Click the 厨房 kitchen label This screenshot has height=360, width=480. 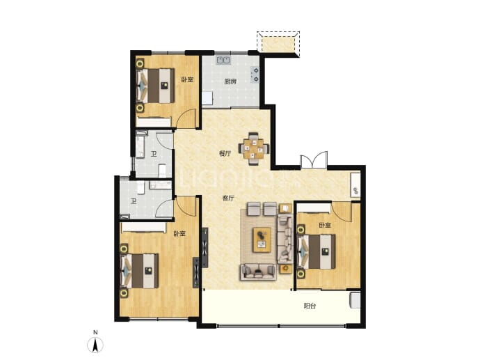click(x=230, y=81)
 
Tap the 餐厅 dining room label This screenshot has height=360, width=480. click(x=225, y=153)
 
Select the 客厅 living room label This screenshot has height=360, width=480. click(x=228, y=198)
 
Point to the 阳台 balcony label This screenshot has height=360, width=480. click(x=310, y=306)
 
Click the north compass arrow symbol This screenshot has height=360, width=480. click(x=95, y=345)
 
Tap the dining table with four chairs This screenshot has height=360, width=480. click(x=254, y=148)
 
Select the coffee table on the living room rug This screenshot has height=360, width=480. click(x=262, y=240)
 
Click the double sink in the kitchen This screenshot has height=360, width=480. click(x=224, y=60)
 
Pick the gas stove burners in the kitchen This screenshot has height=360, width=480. click(x=255, y=75)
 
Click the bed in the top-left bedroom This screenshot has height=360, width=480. click(x=156, y=86)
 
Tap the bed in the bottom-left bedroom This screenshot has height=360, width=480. click(x=141, y=271)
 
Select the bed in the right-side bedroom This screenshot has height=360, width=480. click(x=317, y=251)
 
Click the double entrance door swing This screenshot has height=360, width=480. click(x=314, y=159)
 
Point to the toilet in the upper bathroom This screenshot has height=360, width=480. click(x=162, y=171)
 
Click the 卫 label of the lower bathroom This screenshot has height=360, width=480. click(x=134, y=201)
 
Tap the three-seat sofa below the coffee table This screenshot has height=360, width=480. click(x=258, y=272)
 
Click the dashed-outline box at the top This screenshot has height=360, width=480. click(x=278, y=44)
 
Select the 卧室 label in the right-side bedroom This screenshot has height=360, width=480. click(x=325, y=226)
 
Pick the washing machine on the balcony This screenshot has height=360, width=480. click(x=355, y=300)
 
